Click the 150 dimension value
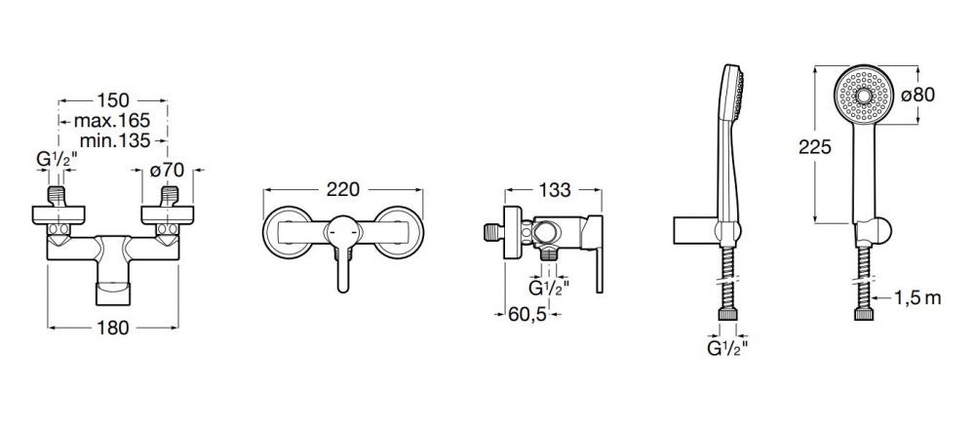[x=113, y=99]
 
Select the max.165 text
[x=112, y=120]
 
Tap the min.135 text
[x=115, y=140]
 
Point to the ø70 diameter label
[x=168, y=170]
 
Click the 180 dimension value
[x=112, y=327]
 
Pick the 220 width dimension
[x=342, y=189]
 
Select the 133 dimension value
[x=554, y=190]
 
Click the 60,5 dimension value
[x=527, y=315]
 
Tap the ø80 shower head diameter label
[x=917, y=96]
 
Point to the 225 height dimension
[x=815, y=147]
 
